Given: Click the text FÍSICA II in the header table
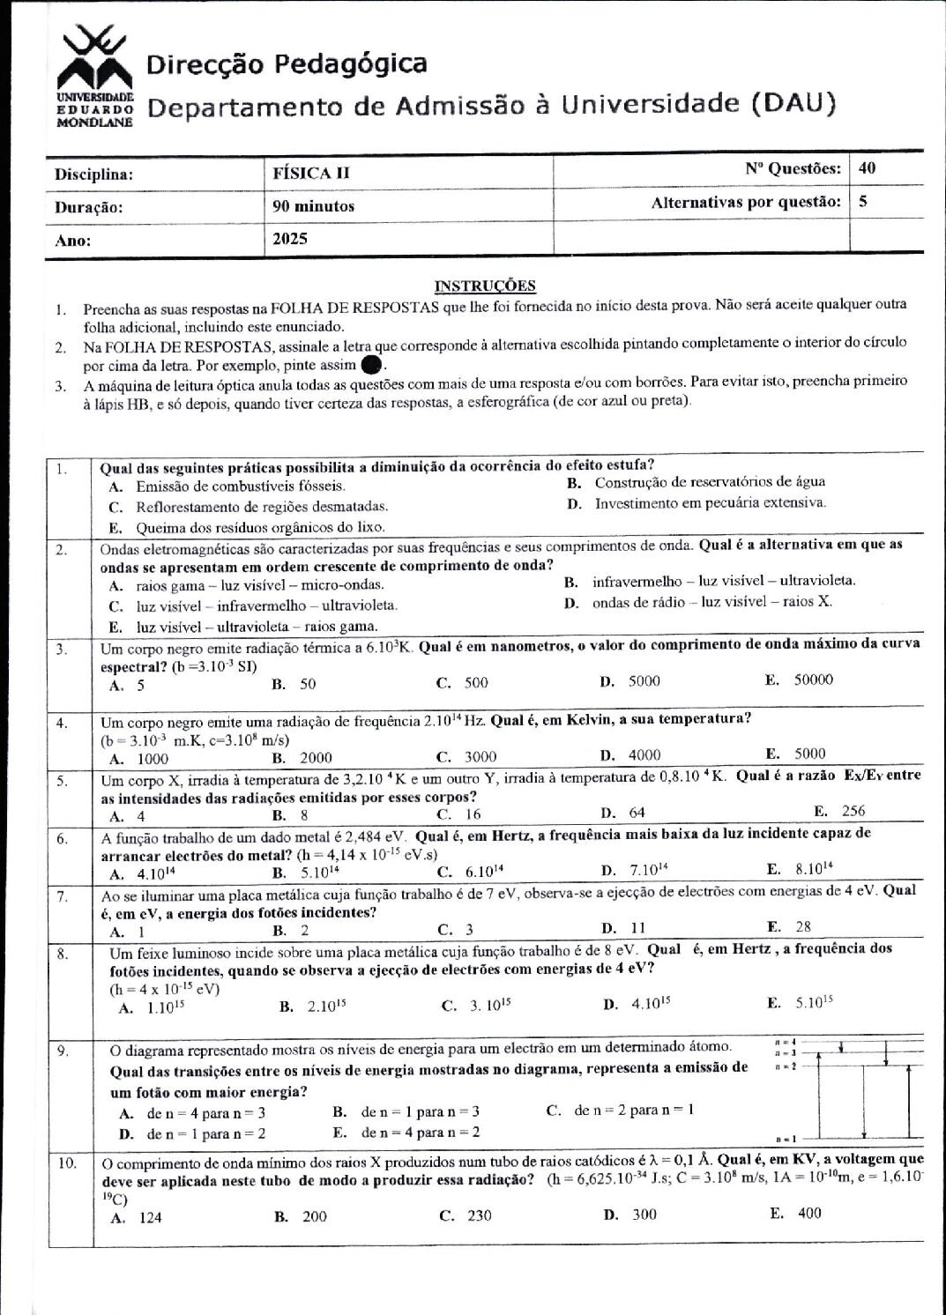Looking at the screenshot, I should (x=311, y=173).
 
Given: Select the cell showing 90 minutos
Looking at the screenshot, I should (x=314, y=206).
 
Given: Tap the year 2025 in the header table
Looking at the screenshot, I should (x=290, y=239).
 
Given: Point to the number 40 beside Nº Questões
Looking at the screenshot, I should (x=867, y=168).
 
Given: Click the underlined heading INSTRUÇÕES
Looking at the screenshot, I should (x=485, y=286).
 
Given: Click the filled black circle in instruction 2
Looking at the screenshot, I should (x=372, y=364).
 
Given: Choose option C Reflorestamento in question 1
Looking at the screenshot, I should (x=261, y=507).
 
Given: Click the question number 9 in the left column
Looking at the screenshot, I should (x=64, y=1050).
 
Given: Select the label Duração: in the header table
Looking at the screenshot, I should (x=89, y=208).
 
